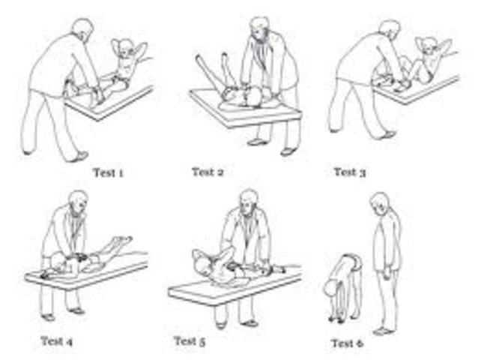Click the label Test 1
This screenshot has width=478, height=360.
(108, 172)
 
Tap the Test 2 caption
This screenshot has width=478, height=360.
(208, 172)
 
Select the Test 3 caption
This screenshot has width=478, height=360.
(350, 172)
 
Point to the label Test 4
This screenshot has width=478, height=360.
(57, 341)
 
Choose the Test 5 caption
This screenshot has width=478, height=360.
(190, 341)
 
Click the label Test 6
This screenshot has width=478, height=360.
(347, 343)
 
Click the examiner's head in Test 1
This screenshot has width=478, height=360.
(82, 29)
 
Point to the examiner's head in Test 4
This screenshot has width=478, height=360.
(79, 201)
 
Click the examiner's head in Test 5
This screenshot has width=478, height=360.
(249, 201)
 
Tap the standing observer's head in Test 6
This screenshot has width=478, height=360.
(380, 203)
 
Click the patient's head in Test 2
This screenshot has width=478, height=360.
(254, 97)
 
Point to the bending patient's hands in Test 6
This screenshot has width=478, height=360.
(334, 319)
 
